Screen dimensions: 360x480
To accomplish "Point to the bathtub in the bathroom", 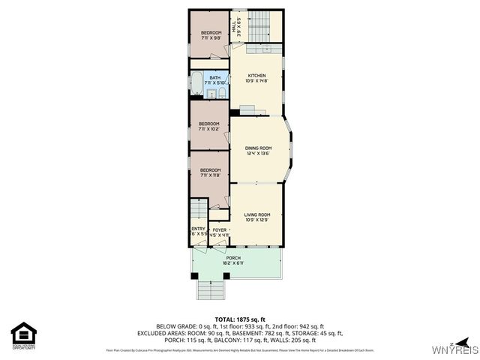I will click(x=196, y=84).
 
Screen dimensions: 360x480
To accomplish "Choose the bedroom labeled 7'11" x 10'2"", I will click(x=209, y=127).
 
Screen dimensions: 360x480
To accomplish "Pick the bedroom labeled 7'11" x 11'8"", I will click(x=209, y=173).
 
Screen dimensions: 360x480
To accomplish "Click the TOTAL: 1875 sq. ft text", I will click(x=239, y=319).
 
